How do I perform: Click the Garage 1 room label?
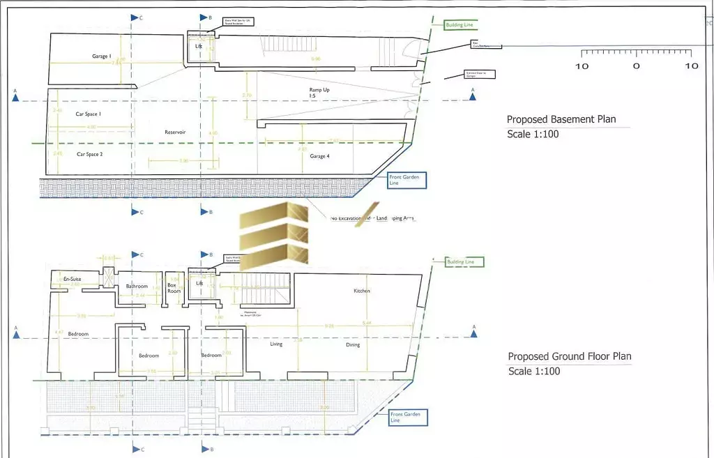coord(101,56)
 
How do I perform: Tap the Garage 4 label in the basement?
coord(319,157)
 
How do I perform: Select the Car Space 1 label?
coord(89,114)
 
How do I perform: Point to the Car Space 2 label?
coord(90,154)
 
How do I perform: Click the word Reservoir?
coord(175,132)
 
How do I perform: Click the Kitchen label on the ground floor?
coord(361,291)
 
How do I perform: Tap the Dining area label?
coord(353,344)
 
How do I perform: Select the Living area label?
coord(276,344)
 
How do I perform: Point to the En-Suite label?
coord(73,280)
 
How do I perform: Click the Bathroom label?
coord(137,287)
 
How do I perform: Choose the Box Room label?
coord(173,288)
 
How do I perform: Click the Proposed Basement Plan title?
coord(561,119)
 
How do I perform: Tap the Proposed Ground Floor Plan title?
coord(570,356)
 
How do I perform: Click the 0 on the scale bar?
coord(636,66)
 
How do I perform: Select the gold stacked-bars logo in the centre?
coord(273,237)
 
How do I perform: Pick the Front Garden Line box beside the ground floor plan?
coord(407,418)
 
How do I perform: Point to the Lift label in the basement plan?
coord(199,46)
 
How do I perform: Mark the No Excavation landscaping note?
coord(373,219)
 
